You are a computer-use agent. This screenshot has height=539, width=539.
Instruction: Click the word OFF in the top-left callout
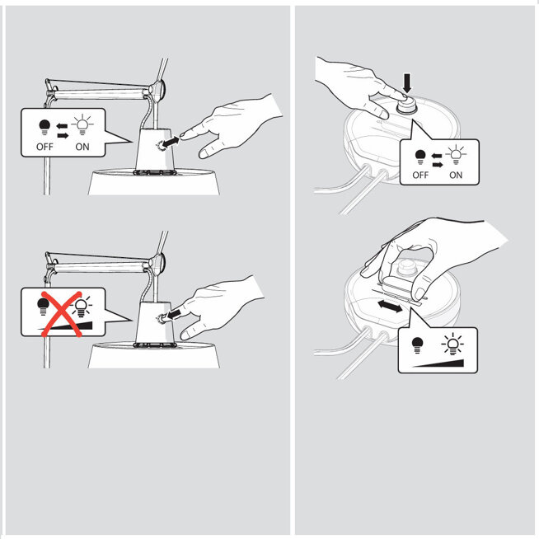tap(45, 147)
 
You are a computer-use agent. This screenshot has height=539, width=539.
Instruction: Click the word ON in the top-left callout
tap(82, 147)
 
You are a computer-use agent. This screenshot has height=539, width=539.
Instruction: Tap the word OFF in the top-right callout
tap(420, 175)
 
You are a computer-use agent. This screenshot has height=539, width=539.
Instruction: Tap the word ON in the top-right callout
tap(456, 175)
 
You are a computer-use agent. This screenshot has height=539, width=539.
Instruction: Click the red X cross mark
tap(62, 313)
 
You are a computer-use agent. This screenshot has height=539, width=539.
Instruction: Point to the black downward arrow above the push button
tap(407, 83)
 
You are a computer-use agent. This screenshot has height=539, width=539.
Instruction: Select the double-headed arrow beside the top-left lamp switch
tap(171, 143)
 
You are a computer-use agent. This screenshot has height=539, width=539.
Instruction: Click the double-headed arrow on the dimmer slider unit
tap(390, 307)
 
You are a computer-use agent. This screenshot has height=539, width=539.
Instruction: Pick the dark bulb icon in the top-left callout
tap(45, 127)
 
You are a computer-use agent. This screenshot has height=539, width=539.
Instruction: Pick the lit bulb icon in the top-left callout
tap(82, 125)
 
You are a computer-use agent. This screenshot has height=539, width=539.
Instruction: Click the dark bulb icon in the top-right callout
tap(420, 157)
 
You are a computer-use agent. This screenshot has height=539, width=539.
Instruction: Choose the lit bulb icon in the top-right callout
tap(456, 155)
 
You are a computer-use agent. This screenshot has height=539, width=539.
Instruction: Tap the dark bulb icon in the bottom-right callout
tap(417, 345)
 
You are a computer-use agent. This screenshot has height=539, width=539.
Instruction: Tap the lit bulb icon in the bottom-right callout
tap(452, 344)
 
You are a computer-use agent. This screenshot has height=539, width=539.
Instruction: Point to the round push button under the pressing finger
tap(407, 104)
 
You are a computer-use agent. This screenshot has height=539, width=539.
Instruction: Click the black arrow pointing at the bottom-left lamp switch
tap(174, 314)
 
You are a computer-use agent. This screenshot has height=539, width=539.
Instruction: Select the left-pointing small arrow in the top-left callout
tap(62, 126)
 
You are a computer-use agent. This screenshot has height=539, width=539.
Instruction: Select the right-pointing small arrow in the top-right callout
tap(438, 165)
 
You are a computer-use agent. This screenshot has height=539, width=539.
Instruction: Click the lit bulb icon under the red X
tap(81, 307)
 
